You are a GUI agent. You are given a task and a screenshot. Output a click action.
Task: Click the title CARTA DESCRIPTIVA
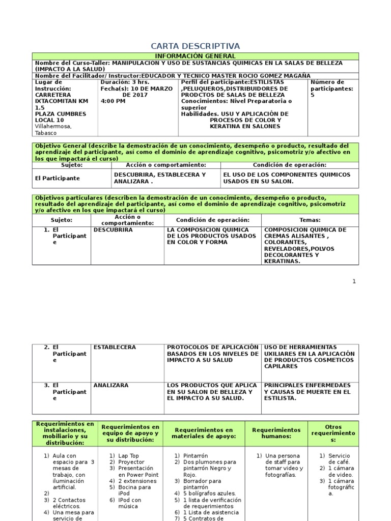[x=196, y=46]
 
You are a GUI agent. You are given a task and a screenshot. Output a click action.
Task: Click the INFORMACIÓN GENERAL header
[x=195, y=56]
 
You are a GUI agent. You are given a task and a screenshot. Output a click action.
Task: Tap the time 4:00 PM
[x=113, y=101]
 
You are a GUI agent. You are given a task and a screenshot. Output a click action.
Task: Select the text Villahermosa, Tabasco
[x=52, y=129]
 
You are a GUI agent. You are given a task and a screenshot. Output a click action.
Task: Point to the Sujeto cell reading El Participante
[x=57, y=179]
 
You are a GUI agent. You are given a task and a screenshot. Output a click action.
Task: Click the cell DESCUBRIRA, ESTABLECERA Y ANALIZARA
[x=159, y=178]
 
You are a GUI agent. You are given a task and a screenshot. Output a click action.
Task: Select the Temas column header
[x=310, y=220]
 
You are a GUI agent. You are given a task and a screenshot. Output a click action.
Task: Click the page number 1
[x=354, y=281]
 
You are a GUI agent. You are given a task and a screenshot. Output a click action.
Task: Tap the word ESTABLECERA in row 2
[x=115, y=347]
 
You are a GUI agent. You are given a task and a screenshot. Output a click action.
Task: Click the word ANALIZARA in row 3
[x=111, y=386]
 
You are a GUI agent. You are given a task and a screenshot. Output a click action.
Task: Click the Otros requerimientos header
[x=333, y=433]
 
